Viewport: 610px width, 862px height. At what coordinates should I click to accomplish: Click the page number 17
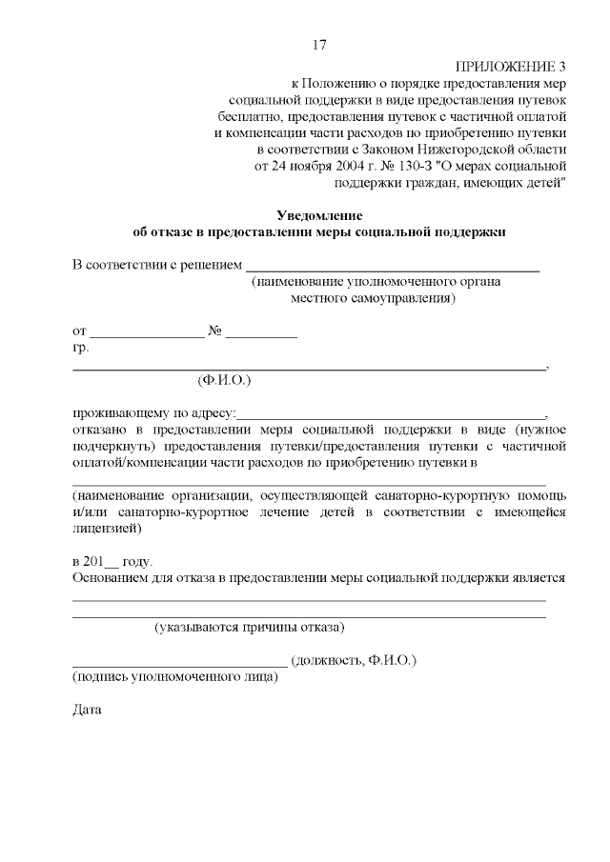click(319, 45)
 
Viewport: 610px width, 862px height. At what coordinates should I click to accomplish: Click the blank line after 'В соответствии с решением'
click(393, 270)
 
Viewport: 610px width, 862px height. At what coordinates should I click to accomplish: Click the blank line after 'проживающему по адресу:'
click(391, 416)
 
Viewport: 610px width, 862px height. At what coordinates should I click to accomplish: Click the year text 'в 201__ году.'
click(112, 561)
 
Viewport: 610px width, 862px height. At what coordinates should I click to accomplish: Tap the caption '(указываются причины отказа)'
click(250, 627)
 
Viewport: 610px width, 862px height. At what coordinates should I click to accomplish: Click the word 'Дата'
click(87, 710)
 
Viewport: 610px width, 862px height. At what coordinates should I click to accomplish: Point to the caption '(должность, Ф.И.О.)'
click(354, 660)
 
